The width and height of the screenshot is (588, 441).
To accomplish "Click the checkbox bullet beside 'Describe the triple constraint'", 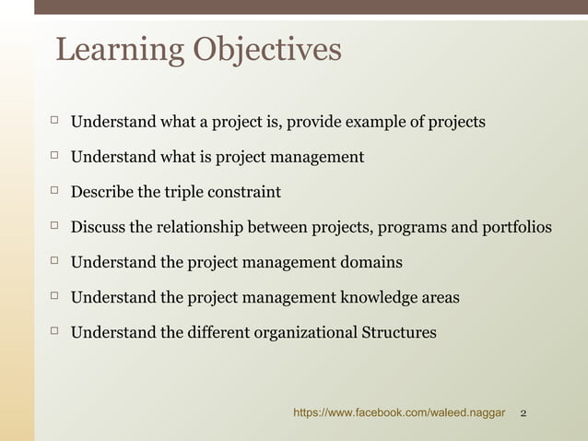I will click(x=54, y=190).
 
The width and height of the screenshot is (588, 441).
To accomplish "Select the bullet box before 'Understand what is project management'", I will click(x=54, y=155).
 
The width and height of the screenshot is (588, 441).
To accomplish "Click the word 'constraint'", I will click(x=249, y=192).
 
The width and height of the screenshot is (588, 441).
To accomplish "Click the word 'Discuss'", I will click(x=99, y=227).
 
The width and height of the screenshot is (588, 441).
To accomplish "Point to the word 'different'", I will click(x=218, y=332).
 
